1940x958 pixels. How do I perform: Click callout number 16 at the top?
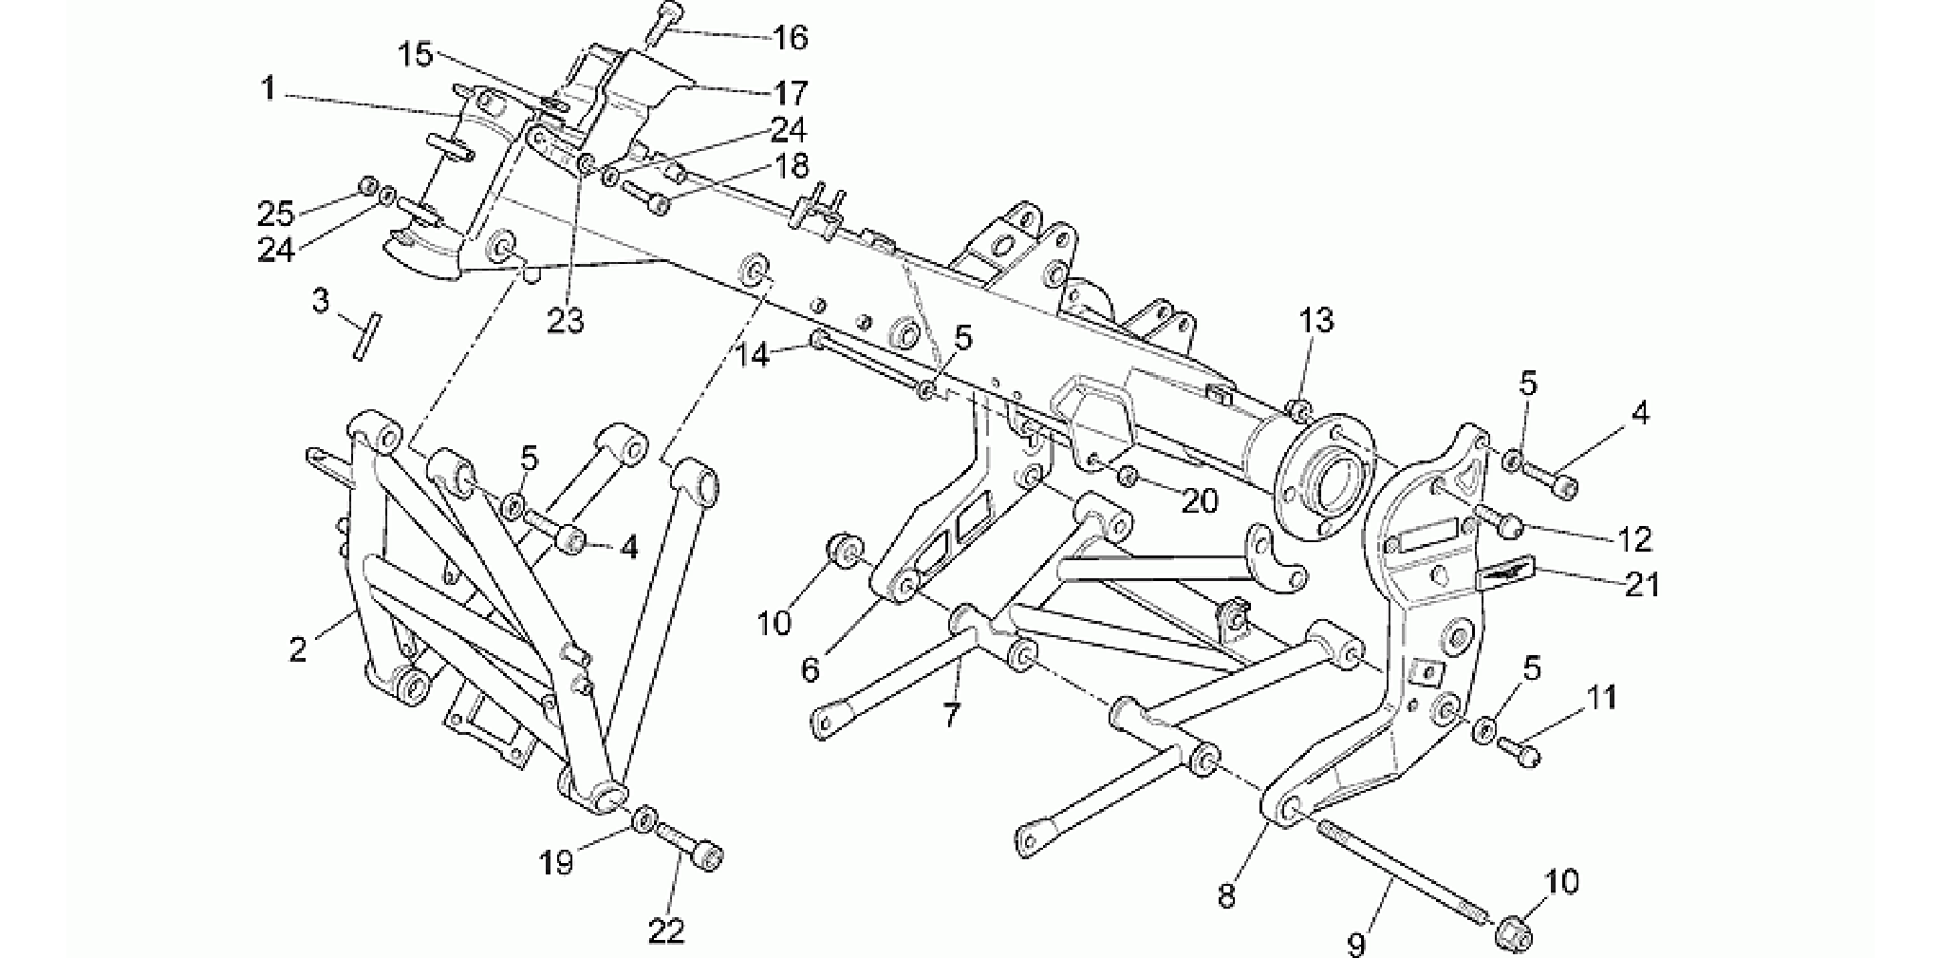coord(790,38)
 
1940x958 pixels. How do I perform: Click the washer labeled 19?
coord(643,817)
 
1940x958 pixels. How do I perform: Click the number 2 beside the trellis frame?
coord(298,650)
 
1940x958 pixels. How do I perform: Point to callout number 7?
coord(952,714)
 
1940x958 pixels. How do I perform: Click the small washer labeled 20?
coord(1128,475)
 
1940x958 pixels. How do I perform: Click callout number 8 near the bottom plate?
coord(1226,896)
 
